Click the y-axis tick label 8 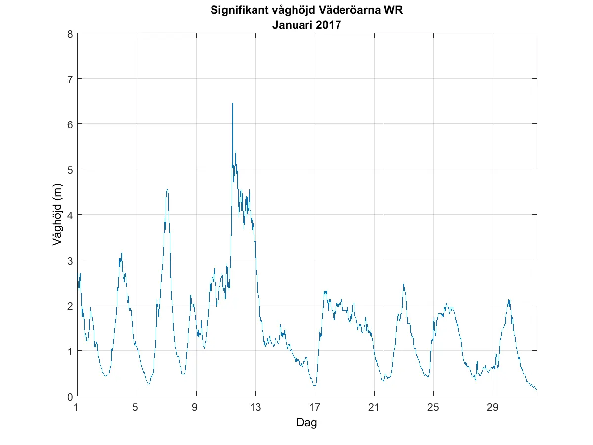click(70, 34)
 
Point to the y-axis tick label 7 click(70, 79)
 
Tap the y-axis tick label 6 click(70, 124)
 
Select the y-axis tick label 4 click(70, 215)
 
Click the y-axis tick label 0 click(70, 396)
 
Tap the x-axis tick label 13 click(255, 408)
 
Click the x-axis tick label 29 click(493, 408)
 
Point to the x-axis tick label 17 click(315, 408)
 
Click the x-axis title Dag click(306, 423)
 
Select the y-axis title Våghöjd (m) click(57, 215)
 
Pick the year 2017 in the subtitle click(327, 24)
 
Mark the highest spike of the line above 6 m click(233, 104)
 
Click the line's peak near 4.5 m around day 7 click(168, 190)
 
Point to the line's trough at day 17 click(314, 385)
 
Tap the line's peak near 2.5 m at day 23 click(404, 283)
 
